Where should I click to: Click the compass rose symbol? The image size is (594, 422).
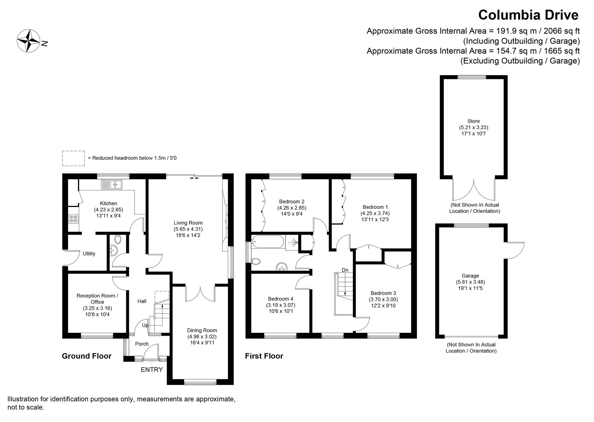pyautogui.click(x=29, y=40)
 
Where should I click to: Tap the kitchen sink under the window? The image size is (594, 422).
pyautogui.click(x=111, y=185)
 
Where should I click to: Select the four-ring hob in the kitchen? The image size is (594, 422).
pyautogui.click(x=73, y=219)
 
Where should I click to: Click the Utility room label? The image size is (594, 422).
pyautogui.click(x=89, y=254)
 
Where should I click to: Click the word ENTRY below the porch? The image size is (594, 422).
pyautogui.click(x=151, y=370)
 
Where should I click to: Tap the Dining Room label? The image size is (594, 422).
pyautogui.click(x=202, y=330)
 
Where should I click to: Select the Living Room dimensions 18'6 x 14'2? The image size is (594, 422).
pyautogui.click(x=188, y=235)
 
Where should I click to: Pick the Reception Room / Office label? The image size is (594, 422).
pyautogui.click(x=97, y=299)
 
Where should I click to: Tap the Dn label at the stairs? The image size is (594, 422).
pyautogui.click(x=345, y=270)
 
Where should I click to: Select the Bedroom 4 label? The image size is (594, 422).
pyautogui.click(x=280, y=299)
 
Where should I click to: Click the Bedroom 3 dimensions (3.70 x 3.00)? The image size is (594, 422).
pyautogui.click(x=383, y=299)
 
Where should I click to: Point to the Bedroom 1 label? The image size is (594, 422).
pyautogui.click(x=375, y=207)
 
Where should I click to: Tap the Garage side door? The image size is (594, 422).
pyautogui.click(x=515, y=250)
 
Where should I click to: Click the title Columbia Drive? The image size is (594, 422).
pyautogui.click(x=528, y=15)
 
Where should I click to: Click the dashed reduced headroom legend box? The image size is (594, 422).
pyautogui.click(x=73, y=158)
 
